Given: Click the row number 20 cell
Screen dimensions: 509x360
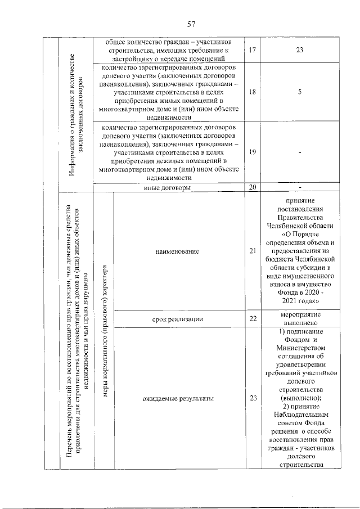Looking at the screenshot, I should click(x=252, y=187).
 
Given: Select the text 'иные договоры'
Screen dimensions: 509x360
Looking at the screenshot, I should click(x=168, y=187).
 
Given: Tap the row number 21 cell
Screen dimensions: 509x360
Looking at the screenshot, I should click(x=252, y=251).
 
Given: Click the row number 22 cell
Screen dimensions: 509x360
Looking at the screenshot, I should click(x=252, y=319).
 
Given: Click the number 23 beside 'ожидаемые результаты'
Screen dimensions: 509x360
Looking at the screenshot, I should click(x=252, y=398).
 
